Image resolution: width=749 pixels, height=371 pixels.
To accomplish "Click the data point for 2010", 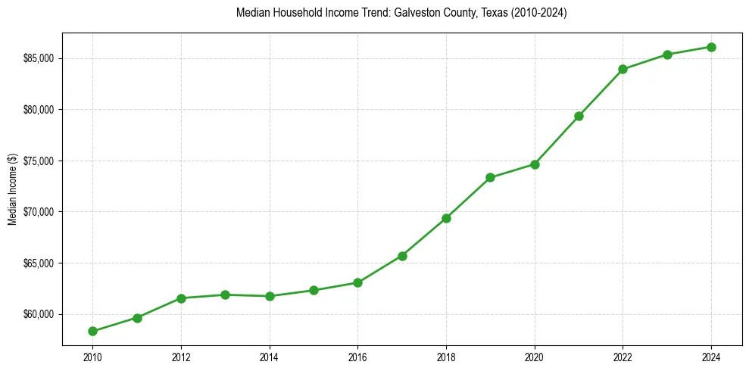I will pyautogui.click(x=92, y=331).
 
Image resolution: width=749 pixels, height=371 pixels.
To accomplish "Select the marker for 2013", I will pyautogui.click(x=225, y=295).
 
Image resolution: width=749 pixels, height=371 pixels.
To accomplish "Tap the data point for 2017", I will pyautogui.click(x=402, y=256).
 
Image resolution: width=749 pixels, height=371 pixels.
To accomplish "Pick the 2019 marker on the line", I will pyautogui.click(x=490, y=177).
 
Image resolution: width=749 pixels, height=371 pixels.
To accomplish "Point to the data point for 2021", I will pyautogui.click(x=579, y=116).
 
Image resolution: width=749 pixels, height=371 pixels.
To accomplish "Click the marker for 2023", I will pyautogui.click(x=667, y=55).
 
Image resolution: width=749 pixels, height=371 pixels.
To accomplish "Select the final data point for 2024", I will pyautogui.click(x=711, y=47).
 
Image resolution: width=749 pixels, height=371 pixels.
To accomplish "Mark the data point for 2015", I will pyautogui.click(x=314, y=290).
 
